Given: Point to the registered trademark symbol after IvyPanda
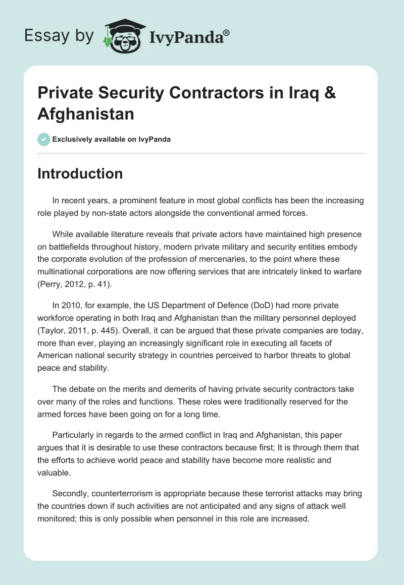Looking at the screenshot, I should click(227, 32).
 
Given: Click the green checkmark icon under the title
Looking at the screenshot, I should click(43, 139).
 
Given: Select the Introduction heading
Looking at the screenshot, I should click(80, 173).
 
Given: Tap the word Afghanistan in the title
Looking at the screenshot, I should click(86, 114).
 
